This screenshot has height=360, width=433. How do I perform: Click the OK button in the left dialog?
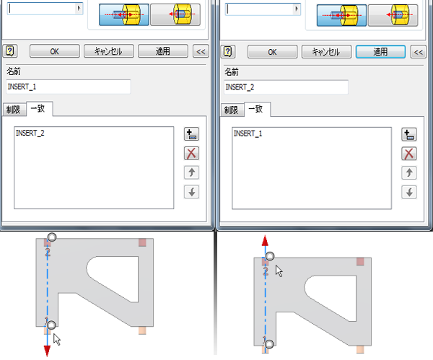point(54,51)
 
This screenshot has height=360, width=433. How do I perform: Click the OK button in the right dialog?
point(272,52)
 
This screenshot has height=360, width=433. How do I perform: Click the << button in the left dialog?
point(201,51)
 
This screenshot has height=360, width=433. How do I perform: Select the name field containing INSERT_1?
point(69,87)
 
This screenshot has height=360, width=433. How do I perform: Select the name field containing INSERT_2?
point(286,87)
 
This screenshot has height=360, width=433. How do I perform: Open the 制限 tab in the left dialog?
point(14,110)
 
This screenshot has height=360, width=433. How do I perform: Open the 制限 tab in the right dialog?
point(232,110)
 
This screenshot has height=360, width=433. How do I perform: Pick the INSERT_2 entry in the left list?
point(30,133)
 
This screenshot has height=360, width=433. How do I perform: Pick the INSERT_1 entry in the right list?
point(248,133)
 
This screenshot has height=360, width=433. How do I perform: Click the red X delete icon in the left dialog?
point(191,154)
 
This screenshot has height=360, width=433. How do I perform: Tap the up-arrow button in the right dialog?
point(409,173)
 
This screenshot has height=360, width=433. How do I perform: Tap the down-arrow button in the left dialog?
point(191,192)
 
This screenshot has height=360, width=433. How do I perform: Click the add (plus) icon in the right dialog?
point(409,135)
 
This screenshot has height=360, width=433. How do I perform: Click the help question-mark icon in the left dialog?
point(10,51)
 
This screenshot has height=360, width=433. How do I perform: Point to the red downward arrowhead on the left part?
point(47,351)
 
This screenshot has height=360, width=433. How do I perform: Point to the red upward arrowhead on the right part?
point(265,241)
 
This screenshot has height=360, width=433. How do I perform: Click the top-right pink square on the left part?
point(142,242)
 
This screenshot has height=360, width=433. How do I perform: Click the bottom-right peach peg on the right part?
point(360,349)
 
